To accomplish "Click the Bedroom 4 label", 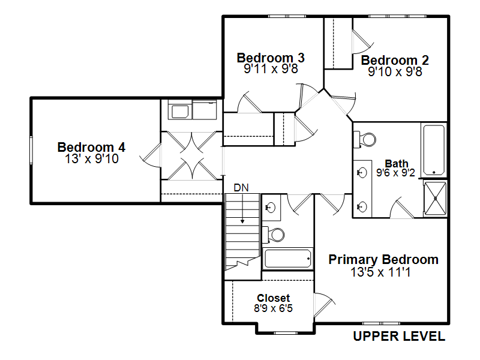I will point(91,147).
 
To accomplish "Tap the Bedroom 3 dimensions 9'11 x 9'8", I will point(271,69).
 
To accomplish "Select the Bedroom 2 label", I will point(395,61).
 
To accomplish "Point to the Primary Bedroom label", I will point(383,260).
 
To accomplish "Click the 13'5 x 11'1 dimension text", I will point(383,272).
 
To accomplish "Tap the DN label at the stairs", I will point(241,188).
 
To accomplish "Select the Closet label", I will point(273,298).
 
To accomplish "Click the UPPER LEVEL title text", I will point(399,337).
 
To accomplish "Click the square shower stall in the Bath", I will point(435,197).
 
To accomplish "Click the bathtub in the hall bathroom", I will point(288,259).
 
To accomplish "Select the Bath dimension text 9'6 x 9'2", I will point(397,173).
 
